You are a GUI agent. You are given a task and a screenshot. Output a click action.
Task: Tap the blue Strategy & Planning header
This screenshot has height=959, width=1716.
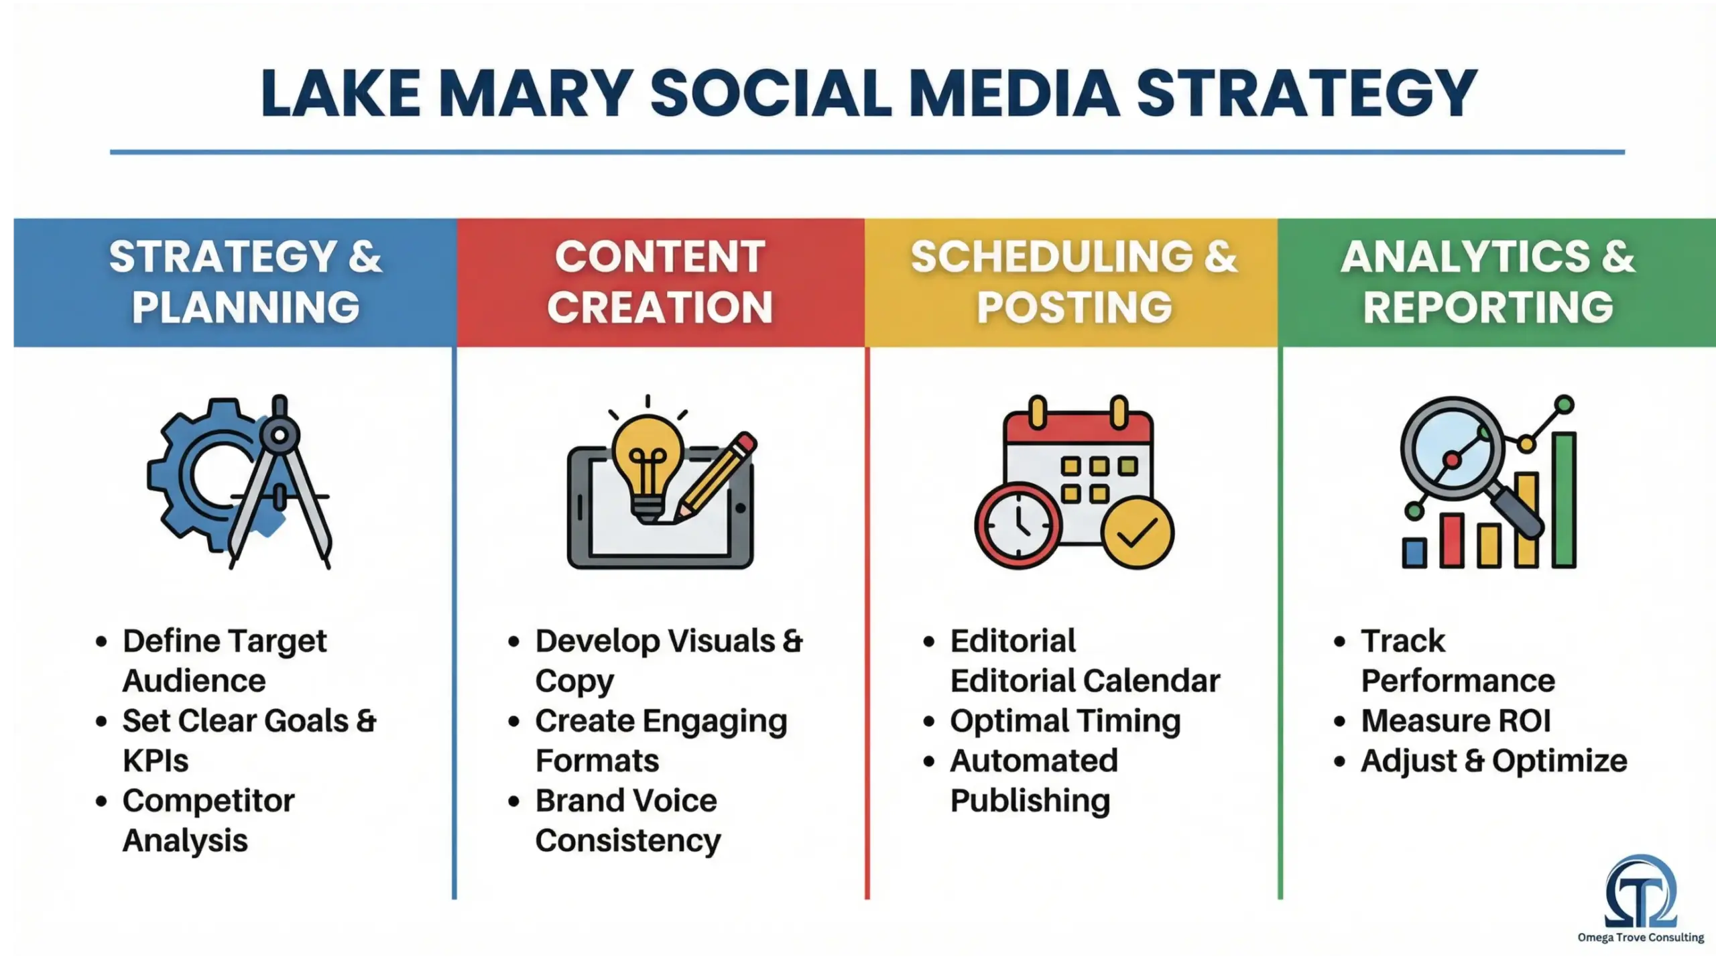point(245,282)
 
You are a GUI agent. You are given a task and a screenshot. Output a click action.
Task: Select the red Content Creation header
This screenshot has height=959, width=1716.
point(660,282)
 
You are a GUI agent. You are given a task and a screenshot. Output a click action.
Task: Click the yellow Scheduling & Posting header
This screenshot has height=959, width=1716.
point(1073,282)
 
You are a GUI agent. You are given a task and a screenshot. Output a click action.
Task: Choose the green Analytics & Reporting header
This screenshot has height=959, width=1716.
point(1487,282)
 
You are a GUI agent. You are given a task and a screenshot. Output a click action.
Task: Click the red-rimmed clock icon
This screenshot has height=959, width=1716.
point(1018,525)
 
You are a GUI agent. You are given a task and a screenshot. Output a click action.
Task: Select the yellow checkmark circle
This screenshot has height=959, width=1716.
point(1138,533)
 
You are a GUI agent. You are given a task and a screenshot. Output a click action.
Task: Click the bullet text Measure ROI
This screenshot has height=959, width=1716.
point(1455,721)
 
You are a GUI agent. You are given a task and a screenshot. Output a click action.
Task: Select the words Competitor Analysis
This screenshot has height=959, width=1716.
point(208,820)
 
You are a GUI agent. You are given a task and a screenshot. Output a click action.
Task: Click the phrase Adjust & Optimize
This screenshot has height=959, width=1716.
point(1493,761)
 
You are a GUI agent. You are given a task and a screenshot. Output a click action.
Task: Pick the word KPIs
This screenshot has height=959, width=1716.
point(156,761)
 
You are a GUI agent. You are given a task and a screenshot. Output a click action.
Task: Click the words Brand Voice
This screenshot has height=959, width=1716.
point(625,801)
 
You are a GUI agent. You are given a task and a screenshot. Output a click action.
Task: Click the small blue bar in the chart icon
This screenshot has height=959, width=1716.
point(1414,552)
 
